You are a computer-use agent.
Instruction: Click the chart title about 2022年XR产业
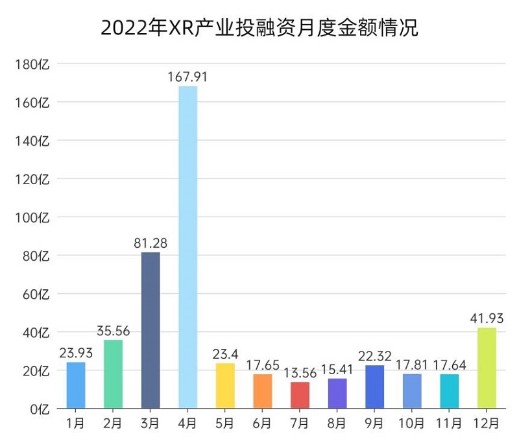(259, 29)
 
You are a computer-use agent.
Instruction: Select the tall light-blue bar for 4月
(188, 246)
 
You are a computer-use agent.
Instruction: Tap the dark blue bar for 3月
(151, 331)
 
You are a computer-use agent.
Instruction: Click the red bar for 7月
(300, 396)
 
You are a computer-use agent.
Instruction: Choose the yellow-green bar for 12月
(487, 368)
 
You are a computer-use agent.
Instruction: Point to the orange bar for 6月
(263, 392)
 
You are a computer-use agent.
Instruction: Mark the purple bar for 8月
(337, 394)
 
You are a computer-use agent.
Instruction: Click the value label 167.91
(188, 77)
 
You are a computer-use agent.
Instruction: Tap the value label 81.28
(151, 243)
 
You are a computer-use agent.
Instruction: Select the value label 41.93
(487, 319)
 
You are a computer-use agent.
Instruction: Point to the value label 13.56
(300, 374)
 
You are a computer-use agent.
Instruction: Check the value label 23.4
(225, 355)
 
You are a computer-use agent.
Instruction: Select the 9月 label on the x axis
(375, 424)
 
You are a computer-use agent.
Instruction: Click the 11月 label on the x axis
(449, 424)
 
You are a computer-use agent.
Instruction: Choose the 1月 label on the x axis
(76, 424)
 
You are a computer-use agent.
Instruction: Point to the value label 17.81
(412, 365)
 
